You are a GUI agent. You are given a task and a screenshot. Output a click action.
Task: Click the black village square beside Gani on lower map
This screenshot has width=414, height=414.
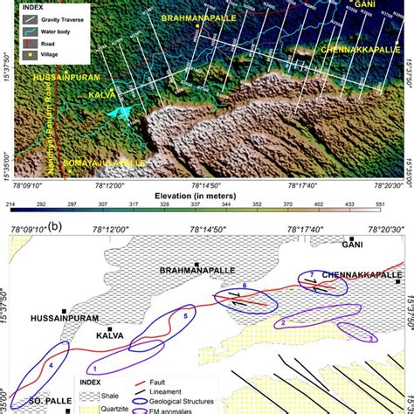(x=351, y=238)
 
